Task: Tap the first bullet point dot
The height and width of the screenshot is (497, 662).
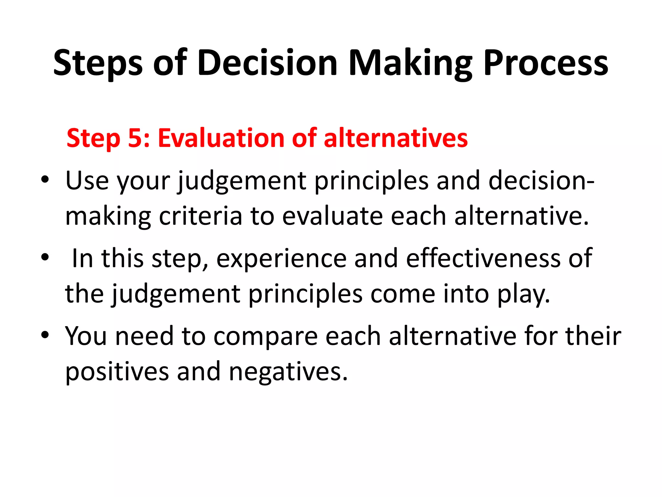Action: click(45, 180)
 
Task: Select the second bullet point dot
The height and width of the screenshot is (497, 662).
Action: click(45, 258)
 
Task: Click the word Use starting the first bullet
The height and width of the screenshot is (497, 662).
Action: click(87, 181)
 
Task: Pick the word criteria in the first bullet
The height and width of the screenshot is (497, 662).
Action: click(200, 216)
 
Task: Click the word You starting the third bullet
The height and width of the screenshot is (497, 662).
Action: click(86, 336)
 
